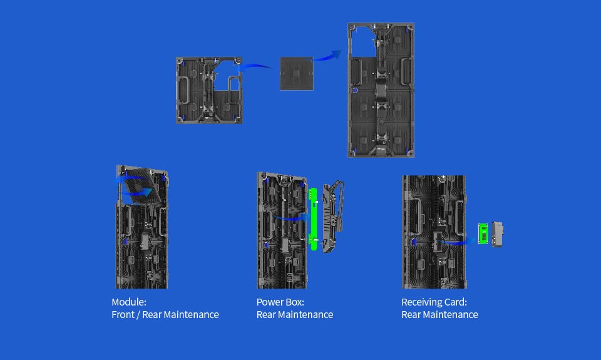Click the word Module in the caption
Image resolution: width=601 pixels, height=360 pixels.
128,302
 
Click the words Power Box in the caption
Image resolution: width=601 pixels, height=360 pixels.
280,302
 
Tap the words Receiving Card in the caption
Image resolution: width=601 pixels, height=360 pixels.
433,302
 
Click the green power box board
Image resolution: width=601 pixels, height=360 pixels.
313,219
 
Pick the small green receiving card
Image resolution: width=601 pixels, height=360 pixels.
483,233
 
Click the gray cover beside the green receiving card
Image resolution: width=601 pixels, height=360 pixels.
497,234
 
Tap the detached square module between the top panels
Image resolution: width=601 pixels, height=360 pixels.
297,74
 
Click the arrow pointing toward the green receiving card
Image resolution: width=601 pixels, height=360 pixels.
457,242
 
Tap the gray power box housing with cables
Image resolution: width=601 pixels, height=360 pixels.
332,217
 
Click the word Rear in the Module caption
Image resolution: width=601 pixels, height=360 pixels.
152,315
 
